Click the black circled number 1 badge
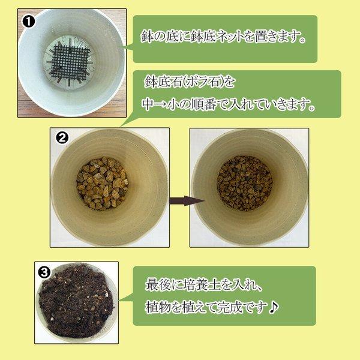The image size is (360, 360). [x=29, y=21]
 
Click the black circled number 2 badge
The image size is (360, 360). [x=62, y=137]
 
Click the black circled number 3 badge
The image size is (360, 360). [x=43, y=271]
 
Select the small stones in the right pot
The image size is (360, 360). [x=244, y=183]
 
